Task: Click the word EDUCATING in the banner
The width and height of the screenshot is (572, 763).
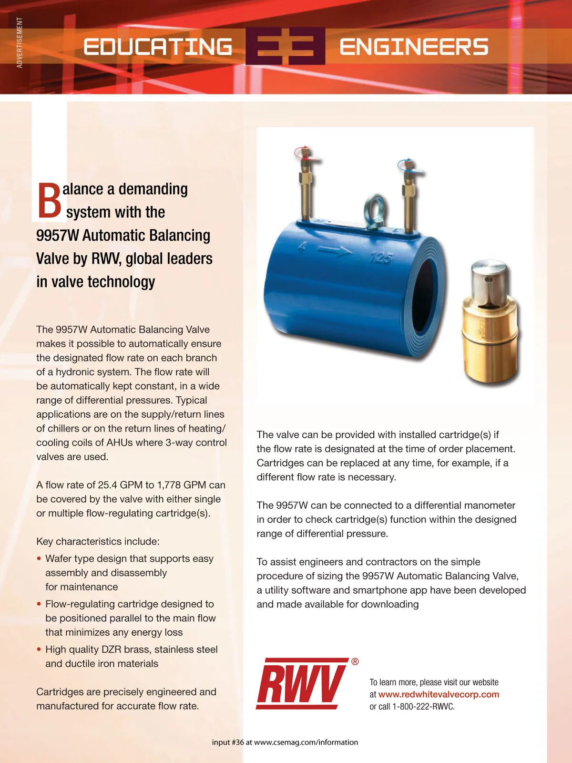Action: click(x=158, y=47)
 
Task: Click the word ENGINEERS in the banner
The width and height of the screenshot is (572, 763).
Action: click(x=414, y=47)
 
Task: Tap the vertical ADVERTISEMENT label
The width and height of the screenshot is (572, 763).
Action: click(x=20, y=42)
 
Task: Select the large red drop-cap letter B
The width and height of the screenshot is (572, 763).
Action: click(x=49, y=201)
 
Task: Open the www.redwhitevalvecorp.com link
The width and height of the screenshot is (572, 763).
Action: click(x=439, y=694)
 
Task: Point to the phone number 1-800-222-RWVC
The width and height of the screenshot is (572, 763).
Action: click(x=423, y=707)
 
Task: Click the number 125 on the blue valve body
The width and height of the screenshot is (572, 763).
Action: click(x=381, y=258)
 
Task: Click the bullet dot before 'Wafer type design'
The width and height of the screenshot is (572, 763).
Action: click(x=39, y=558)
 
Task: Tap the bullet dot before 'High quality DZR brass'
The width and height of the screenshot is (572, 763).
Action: click(x=39, y=650)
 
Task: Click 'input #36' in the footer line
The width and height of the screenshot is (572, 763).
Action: click(x=228, y=742)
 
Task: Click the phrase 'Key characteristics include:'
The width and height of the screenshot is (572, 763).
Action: click(x=98, y=541)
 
